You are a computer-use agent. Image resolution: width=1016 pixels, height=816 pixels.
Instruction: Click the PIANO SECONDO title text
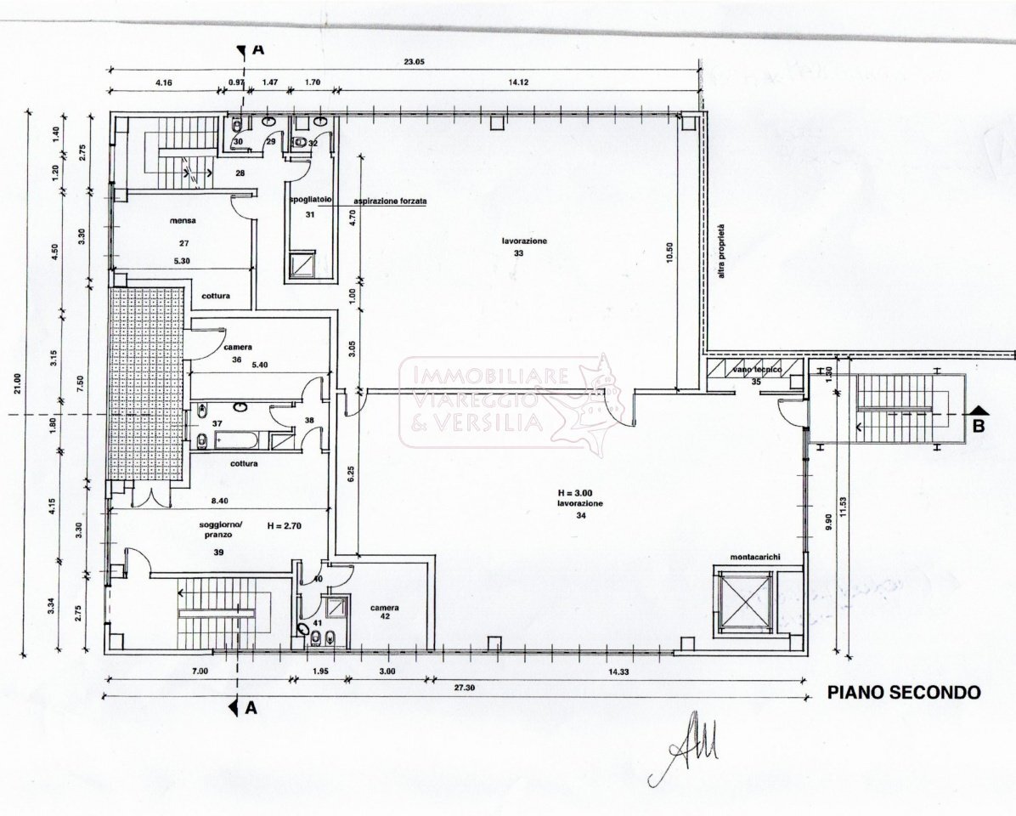[x=904, y=693]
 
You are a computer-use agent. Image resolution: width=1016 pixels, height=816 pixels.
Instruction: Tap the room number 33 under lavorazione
[x=518, y=253]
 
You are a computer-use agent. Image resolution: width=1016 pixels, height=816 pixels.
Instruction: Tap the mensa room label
[x=183, y=220]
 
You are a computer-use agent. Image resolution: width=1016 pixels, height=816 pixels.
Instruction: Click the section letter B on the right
[x=979, y=427]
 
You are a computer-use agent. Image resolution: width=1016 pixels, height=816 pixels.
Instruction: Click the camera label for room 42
[x=385, y=609]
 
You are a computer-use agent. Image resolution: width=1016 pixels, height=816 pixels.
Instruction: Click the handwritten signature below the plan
[x=684, y=748]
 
